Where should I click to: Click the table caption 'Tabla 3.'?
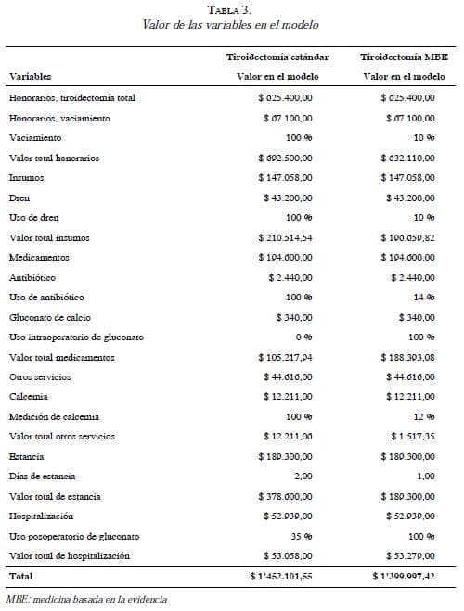(232, 9)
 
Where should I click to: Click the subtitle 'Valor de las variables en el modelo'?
(232, 25)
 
